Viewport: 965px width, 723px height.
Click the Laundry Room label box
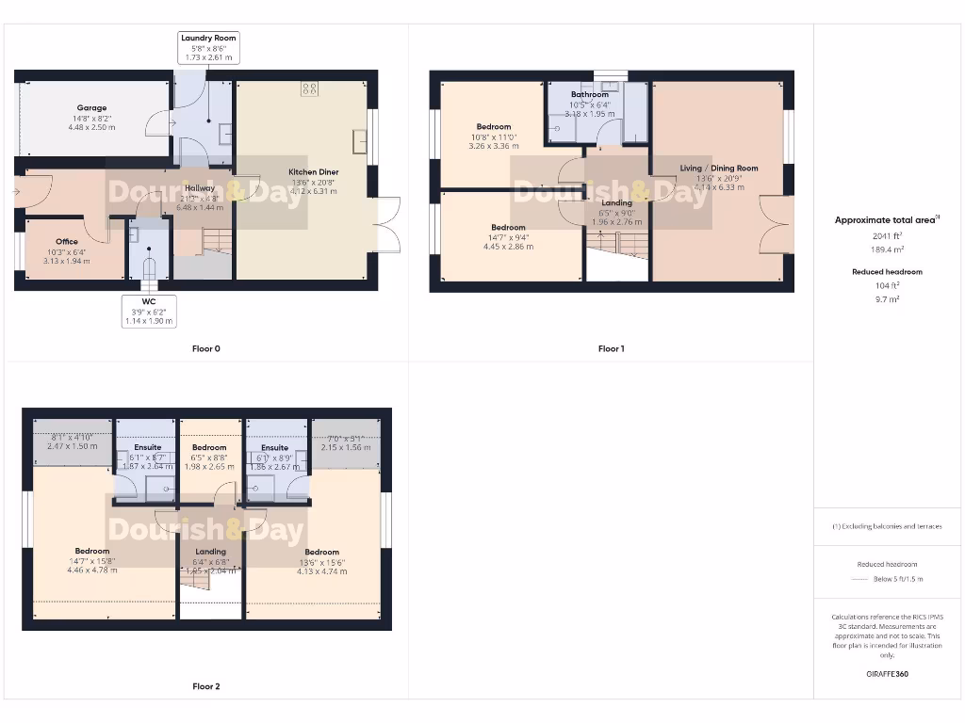208,48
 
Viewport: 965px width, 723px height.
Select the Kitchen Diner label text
313,172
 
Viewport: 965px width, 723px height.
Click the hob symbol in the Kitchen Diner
308,89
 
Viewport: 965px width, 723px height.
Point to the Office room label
66,242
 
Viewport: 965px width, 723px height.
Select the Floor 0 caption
205,349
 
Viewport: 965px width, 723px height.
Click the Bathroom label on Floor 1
589,94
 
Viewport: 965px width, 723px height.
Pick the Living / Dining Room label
718,169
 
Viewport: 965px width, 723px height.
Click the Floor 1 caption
611,349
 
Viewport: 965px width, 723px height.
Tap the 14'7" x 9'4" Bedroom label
507,228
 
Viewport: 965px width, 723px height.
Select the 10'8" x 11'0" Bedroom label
493,127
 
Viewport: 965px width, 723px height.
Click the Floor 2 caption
205,687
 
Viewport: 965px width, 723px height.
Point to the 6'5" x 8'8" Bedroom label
208,448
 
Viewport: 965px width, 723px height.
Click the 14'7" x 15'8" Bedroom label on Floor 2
92,551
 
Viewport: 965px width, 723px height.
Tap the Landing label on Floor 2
210,552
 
